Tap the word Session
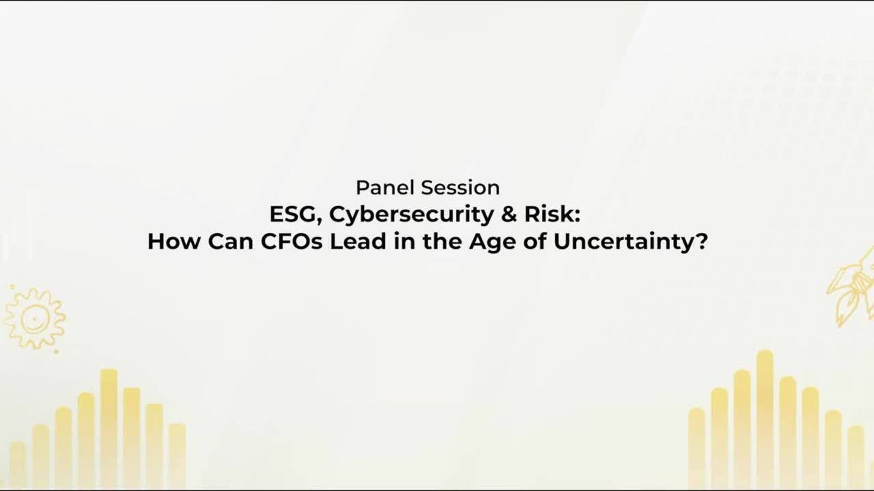tap(460, 188)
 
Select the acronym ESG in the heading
tap(294, 214)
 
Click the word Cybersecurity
tap(412, 215)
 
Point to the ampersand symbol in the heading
tap(509, 214)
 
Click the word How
tap(174, 241)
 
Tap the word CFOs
tap(292, 241)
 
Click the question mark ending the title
tap(701, 241)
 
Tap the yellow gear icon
tap(35, 319)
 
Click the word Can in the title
tap(231, 241)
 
